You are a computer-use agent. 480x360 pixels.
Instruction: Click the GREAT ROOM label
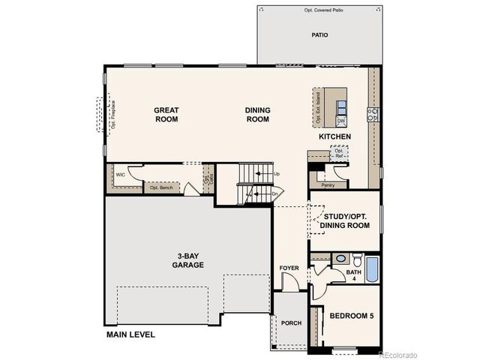pos(166,114)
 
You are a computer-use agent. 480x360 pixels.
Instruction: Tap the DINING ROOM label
pos(257,114)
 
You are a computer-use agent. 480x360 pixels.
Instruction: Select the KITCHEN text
pos(334,136)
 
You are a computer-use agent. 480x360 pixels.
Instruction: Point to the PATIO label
pos(319,34)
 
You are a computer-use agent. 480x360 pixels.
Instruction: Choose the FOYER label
pos(289,268)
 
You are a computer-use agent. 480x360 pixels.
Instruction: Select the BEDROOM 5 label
pos(351,316)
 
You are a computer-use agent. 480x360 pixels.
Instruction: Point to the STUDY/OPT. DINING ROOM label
pos(345,221)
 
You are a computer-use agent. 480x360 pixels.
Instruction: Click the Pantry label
pos(327,184)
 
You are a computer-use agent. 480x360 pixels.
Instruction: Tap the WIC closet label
pos(120,174)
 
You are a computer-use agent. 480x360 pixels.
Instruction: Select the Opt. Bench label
pos(161,187)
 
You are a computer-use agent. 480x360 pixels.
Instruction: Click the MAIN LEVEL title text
pos(130,334)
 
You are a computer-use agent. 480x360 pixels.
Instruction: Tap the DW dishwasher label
pos(340,121)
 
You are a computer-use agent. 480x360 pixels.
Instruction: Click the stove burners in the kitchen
pos(372,114)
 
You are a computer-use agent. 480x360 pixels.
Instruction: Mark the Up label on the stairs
pos(277,174)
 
